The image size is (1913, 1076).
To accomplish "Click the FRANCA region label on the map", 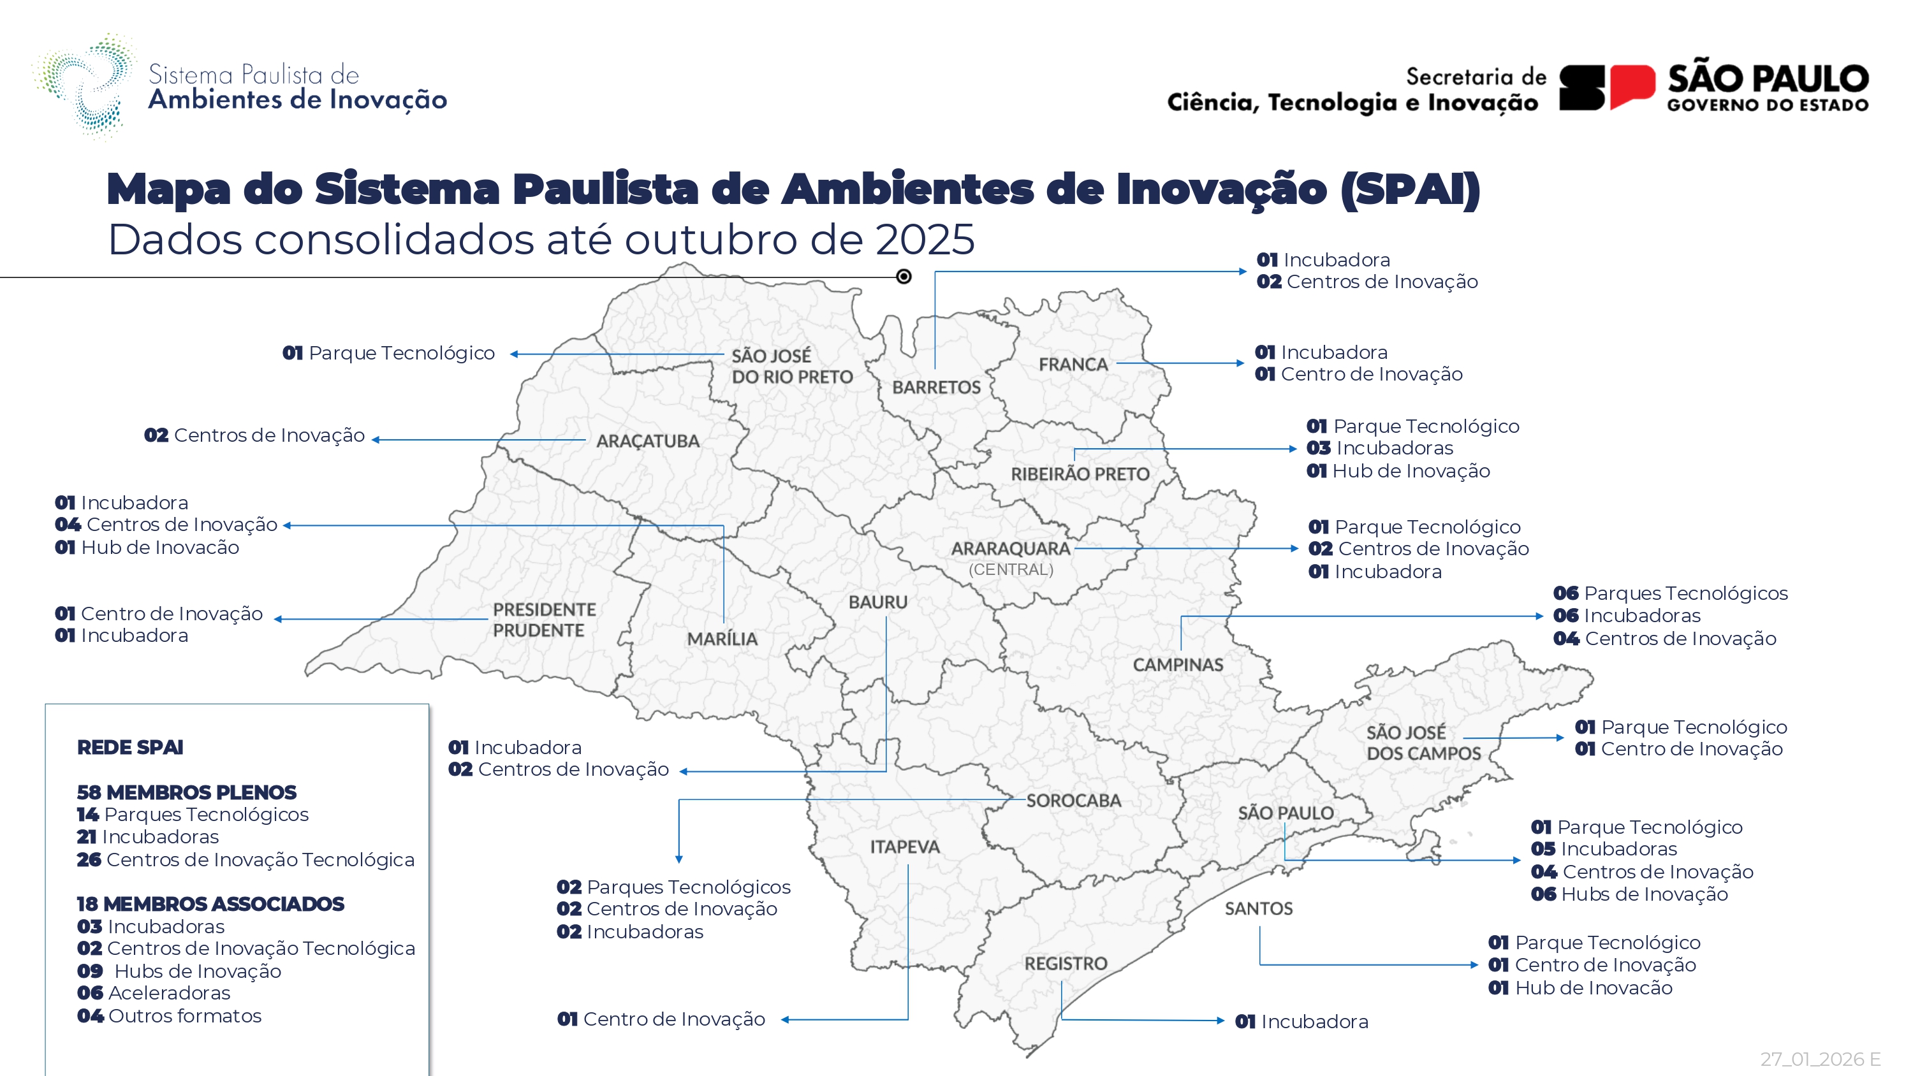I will [x=1073, y=365].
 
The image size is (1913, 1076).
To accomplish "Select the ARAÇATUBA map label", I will [x=648, y=441].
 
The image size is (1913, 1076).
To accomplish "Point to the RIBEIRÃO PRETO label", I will [x=1080, y=474].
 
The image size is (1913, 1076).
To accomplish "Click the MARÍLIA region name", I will [x=722, y=639].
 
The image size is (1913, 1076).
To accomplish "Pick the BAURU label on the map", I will [x=878, y=602].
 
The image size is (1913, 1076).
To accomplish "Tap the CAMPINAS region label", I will [x=1178, y=665].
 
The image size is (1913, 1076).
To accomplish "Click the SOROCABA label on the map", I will [x=1074, y=801].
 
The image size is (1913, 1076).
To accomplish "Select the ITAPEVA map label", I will [x=904, y=847].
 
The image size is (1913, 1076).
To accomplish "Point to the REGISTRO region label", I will [x=1066, y=963].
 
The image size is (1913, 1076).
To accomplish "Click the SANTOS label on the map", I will [x=1259, y=908].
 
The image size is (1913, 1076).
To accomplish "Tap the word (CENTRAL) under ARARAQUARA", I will [x=1011, y=570].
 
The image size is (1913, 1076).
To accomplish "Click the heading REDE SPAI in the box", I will [x=130, y=747].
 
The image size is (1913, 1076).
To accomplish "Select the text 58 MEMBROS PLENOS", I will [x=186, y=792].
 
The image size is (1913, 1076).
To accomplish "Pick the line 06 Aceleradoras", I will [x=154, y=993].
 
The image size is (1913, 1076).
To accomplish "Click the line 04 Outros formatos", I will [x=170, y=1016].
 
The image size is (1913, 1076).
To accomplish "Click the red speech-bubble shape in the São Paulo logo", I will [x=1632, y=87].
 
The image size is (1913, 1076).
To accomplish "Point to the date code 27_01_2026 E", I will [x=1819, y=1059].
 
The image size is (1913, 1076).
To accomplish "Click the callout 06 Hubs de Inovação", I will [x=1629, y=894].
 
